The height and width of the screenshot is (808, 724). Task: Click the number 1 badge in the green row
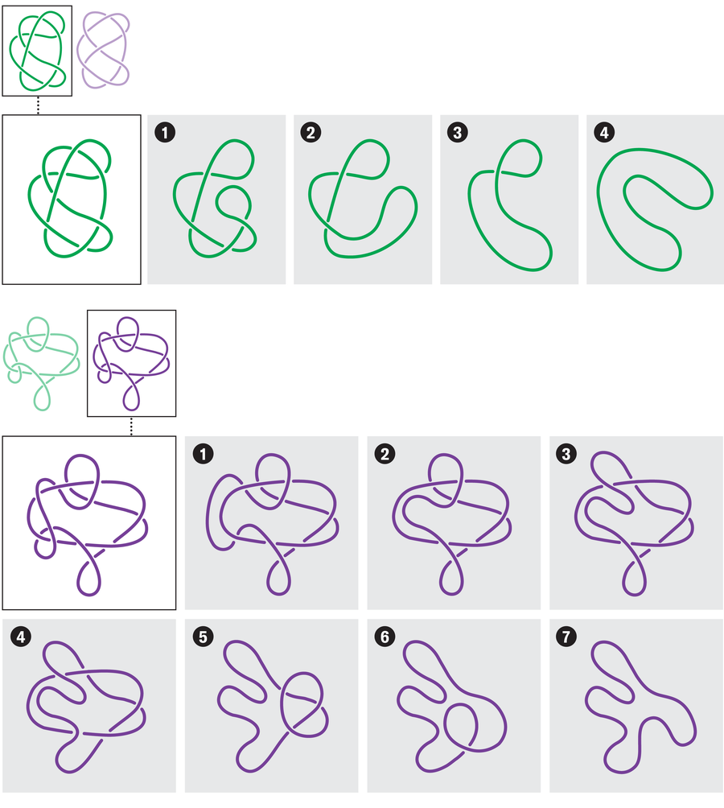pos(165,133)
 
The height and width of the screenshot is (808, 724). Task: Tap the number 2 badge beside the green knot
pos(311,133)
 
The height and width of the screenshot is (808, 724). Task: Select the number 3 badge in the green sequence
pos(457,133)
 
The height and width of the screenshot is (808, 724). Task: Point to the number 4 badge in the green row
pos(604,133)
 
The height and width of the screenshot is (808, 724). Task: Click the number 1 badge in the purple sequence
pos(203,454)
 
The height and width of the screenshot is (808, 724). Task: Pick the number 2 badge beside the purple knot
pos(385,454)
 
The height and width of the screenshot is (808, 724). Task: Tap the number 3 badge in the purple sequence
pos(566,454)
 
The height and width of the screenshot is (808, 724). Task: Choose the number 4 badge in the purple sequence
pos(21,637)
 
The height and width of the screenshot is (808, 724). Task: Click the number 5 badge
pos(203,637)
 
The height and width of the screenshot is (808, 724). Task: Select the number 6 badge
pos(385,637)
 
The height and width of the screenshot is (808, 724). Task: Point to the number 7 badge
pos(566,637)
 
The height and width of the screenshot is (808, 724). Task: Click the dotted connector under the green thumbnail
pos(38,105)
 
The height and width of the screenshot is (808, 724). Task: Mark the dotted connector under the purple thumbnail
pos(131,427)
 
